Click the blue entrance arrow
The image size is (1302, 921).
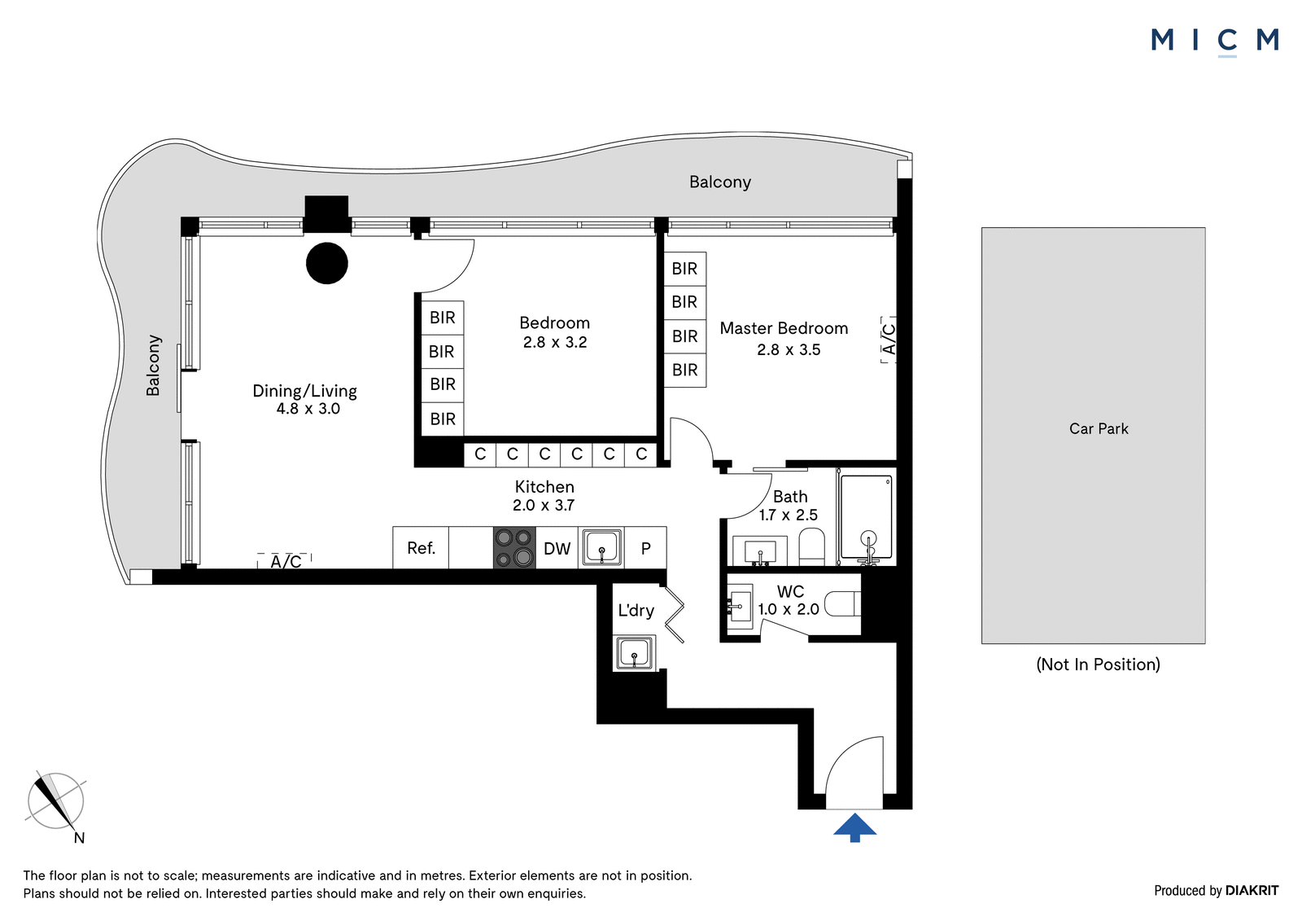(x=854, y=827)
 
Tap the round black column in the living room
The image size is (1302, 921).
(x=326, y=263)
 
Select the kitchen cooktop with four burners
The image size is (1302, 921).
(x=514, y=547)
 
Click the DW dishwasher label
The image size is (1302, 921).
(x=557, y=549)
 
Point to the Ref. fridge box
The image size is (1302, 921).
(x=421, y=547)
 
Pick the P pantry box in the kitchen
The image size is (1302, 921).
(x=646, y=547)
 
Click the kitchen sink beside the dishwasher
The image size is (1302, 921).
(x=601, y=547)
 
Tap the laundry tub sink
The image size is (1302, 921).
(x=634, y=653)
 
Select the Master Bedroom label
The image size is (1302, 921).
(x=784, y=328)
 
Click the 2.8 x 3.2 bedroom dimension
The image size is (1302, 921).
(x=555, y=343)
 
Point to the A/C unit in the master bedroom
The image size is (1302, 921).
(x=889, y=340)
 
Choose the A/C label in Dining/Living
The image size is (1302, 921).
(x=286, y=561)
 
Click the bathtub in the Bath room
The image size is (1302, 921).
(x=866, y=516)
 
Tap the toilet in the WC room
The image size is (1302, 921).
(x=842, y=603)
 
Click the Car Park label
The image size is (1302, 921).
(x=1099, y=429)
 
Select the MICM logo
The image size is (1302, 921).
(x=1215, y=41)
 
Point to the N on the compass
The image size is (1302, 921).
(x=80, y=838)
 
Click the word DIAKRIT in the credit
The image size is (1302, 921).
(x=1252, y=890)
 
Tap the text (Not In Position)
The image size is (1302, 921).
(x=1098, y=664)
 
